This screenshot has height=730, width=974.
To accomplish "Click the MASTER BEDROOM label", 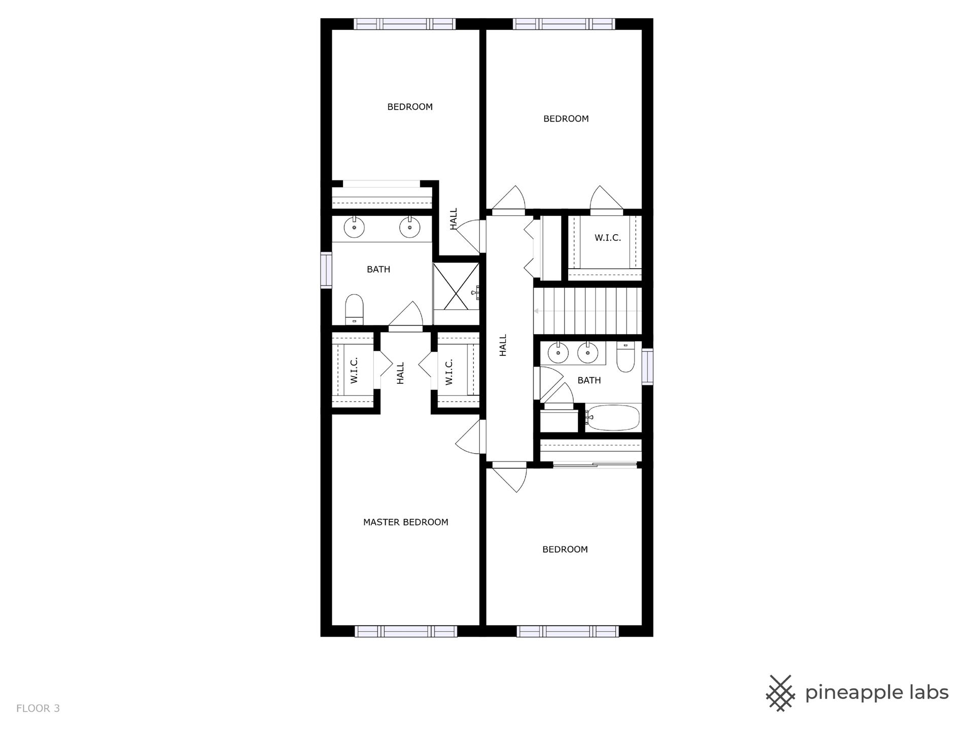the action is pyautogui.click(x=405, y=522).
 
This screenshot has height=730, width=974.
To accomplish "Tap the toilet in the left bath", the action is pyautogui.click(x=355, y=310).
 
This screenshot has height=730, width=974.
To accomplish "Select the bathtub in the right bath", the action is pyautogui.click(x=613, y=418).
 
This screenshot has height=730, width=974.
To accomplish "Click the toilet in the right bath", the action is pyautogui.click(x=626, y=357).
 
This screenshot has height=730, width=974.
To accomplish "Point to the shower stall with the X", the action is pyautogui.click(x=456, y=287).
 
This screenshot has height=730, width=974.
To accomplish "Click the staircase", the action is pyautogui.click(x=587, y=311).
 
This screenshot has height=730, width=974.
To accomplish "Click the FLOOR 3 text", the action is pyautogui.click(x=38, y=708).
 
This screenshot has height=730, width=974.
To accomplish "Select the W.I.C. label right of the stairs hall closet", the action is pyautogui.click(x=607, y=238).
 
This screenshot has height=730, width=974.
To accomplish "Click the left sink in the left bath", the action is pyautogui.click(x=354, y=227).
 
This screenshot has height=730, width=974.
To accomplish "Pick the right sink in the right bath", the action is pyautogui.click(x=588, y=354).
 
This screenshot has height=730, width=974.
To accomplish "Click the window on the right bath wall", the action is pyautogui.click(x=647, y=367).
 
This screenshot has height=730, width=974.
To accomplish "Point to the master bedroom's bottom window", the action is pyautogui.click(x=405, y=631).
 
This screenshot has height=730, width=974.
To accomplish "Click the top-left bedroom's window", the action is pyautogui.click(x=404, y=24).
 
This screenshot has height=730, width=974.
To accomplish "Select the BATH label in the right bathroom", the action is pyautogui.click(x=589, y=380).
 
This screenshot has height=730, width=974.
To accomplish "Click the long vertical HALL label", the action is pyautogui.click(x=503, y=345).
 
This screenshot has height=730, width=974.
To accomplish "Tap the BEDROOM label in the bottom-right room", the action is pyautogui.click(x=565, y=550).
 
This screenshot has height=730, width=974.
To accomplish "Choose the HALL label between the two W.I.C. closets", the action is pyautogui.click(x=400, y=373).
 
